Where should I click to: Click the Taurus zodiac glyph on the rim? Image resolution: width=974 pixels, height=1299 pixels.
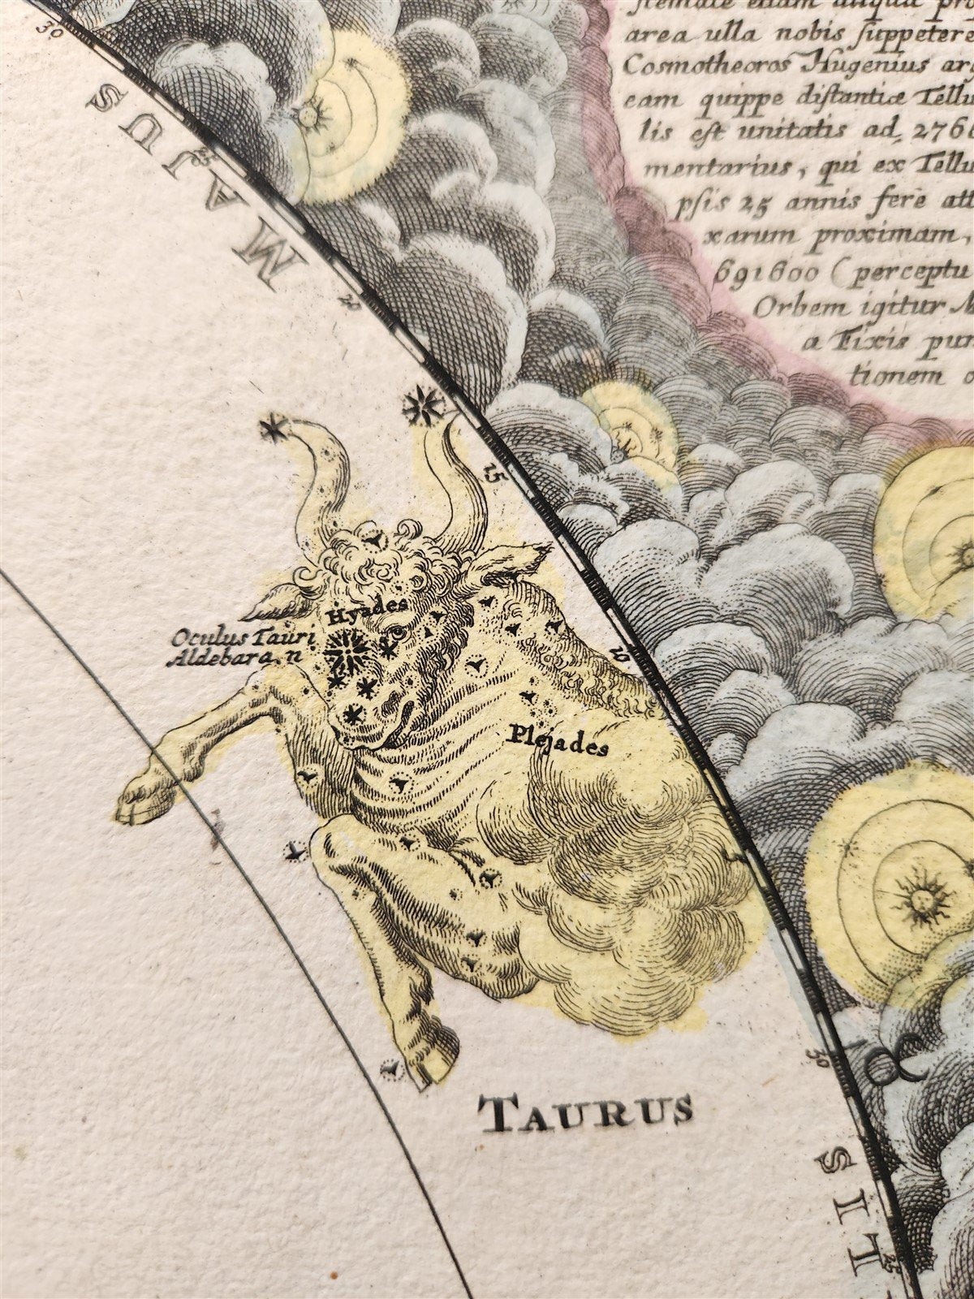click(890, 1064)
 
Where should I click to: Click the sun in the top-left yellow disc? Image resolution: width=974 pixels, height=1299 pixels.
click(308, 114)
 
